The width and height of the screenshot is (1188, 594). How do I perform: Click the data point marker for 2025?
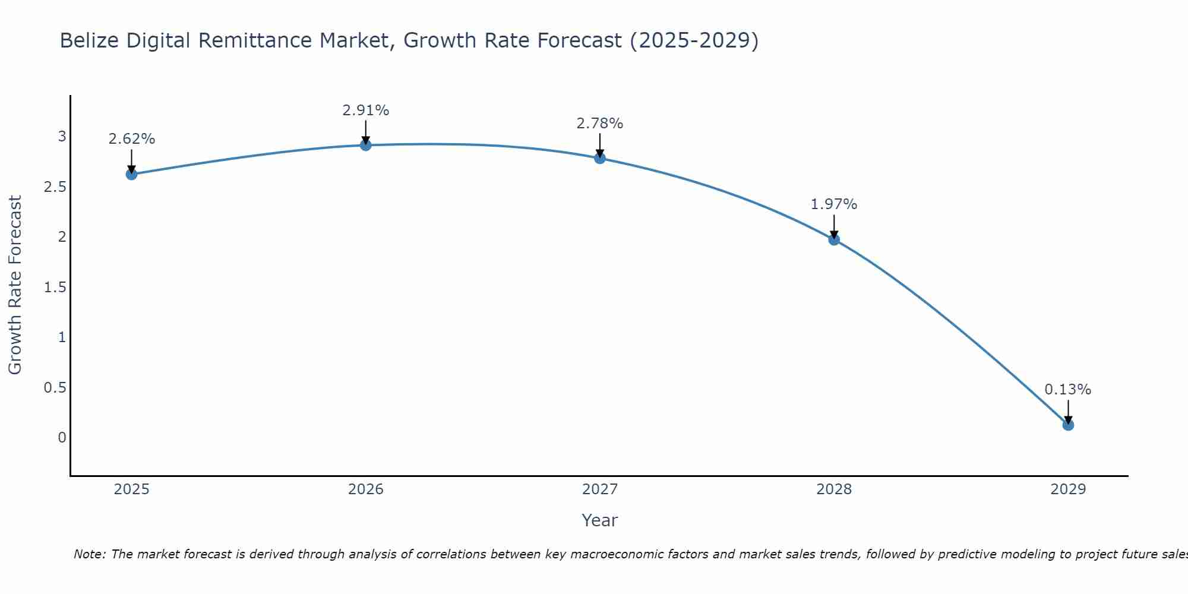[131, 174]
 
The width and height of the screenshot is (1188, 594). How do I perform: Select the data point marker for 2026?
[366, 145]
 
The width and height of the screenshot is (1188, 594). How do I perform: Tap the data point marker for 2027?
[600, 158]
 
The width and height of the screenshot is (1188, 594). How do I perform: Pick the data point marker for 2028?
[834, 239]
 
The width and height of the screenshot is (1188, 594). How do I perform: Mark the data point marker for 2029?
[1068, 425]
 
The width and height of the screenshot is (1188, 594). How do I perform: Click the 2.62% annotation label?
[131, 139]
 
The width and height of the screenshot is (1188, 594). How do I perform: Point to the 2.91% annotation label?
[366, 110]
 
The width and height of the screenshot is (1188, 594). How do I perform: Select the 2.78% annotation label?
[600, 124]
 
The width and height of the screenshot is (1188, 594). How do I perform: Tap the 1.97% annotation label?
[834, 204]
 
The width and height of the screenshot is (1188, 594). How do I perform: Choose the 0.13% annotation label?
[1068, 390]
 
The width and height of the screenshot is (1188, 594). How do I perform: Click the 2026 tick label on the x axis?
[366, 489]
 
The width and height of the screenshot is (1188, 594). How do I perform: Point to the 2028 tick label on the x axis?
[834, 489]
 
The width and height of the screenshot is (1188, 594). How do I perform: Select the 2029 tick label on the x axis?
[1068, 489]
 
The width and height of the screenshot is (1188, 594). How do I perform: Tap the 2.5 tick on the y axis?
[55, 187]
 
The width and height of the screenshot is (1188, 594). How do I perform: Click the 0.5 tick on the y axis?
[55, 388]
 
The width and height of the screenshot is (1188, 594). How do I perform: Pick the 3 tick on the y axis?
[62, 137]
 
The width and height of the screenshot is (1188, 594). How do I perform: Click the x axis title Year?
[600, 520]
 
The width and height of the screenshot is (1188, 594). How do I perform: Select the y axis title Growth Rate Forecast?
[15, 285]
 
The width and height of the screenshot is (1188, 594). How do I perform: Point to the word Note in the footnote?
[89, 554]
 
